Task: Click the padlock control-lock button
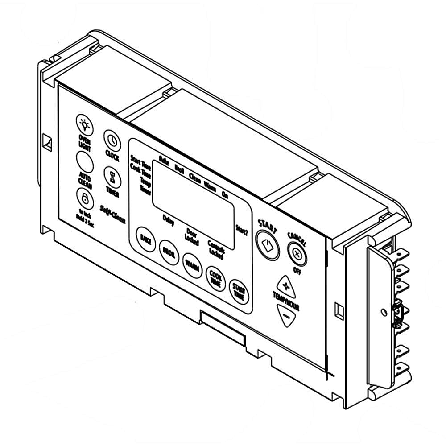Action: [x=84, y=198]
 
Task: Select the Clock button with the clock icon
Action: [x=112, y=140]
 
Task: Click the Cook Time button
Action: [x=215, y=279]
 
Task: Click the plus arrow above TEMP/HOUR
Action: [x=286, y=285]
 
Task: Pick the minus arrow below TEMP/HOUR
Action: [x=286, y=315]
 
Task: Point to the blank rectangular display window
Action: [x=194, y=203]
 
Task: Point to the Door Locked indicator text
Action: [x=192, y=234]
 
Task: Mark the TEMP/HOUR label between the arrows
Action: [x=286, y=301]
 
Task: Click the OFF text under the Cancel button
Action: [x=295, y=269]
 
